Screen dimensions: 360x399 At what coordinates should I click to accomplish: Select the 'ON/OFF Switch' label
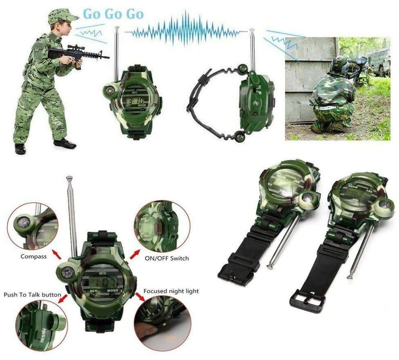(x=167, y=258)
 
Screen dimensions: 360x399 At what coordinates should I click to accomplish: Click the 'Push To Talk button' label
(x=32, y=294)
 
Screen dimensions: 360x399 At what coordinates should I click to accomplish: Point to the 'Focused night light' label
(x=171, y=291)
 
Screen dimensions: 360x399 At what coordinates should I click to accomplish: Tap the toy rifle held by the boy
(x=78, y=54)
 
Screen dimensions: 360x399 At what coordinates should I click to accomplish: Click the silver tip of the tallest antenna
(x=69, y=179)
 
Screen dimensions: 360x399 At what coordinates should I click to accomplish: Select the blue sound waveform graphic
(x=186, y=30)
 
